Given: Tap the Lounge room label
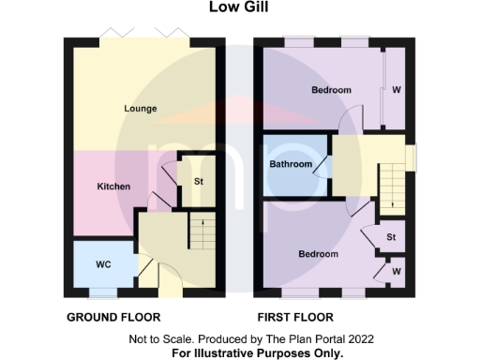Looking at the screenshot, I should (141, 109).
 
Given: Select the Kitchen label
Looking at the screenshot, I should (113, 186).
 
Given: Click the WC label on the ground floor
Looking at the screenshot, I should (103, 265).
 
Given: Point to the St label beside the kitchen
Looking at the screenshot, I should (199, 180).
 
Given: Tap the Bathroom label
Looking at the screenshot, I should (291, 164).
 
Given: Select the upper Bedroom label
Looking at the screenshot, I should (331, 90).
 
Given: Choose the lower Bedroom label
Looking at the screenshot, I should (318, 253).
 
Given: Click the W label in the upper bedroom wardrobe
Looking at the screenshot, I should (397, 91).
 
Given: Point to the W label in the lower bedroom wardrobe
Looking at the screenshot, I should (397, 271).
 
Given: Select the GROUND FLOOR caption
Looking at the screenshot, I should (113, 317).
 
